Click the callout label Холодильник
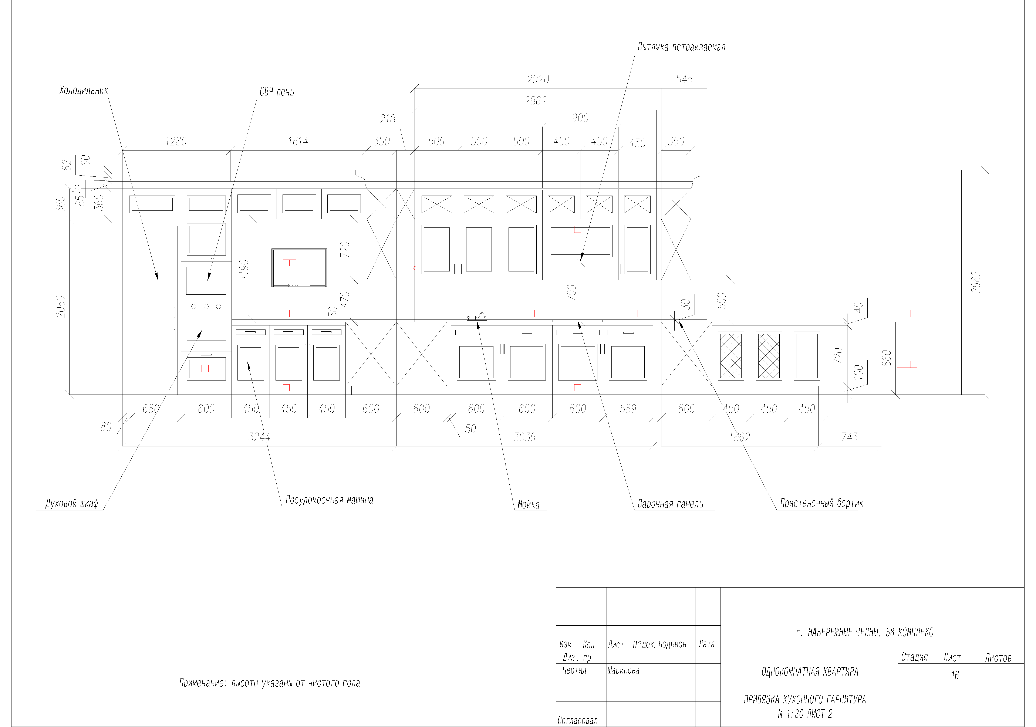click(x=84, y=90)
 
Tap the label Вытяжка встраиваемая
click(x=681, y=47)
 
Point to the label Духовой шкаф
click(x=72, y=504)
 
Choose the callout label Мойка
click(x=528, y=504)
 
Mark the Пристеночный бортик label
click(x=822, y=503)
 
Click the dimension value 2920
click(x=538, y=80)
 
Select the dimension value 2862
click(x=536, y=101)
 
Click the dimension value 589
click(x=628, y=409)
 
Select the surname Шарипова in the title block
click(x=623, y=670)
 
